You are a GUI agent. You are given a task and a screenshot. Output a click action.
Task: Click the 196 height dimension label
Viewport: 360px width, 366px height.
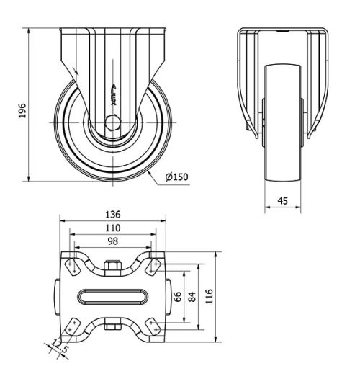pos(22,110)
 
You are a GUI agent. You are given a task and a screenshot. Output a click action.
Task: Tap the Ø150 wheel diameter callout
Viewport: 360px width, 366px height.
pos(176,177)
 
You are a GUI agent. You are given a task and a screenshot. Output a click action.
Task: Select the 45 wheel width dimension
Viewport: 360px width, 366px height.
pos(283,201)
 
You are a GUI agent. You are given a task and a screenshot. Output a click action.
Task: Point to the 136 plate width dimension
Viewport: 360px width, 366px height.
pos(113,215)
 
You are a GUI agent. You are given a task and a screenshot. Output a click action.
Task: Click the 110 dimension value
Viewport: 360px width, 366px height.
pos(113,228)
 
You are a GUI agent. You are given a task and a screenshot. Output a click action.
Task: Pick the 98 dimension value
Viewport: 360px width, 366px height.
pos(113,241)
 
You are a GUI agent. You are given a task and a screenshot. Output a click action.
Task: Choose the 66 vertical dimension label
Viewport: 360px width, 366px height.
pos(177,298)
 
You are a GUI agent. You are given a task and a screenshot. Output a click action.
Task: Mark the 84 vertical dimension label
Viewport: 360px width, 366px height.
pos(192,297)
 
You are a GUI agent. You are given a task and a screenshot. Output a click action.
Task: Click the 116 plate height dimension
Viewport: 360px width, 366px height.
pos(210,297)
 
